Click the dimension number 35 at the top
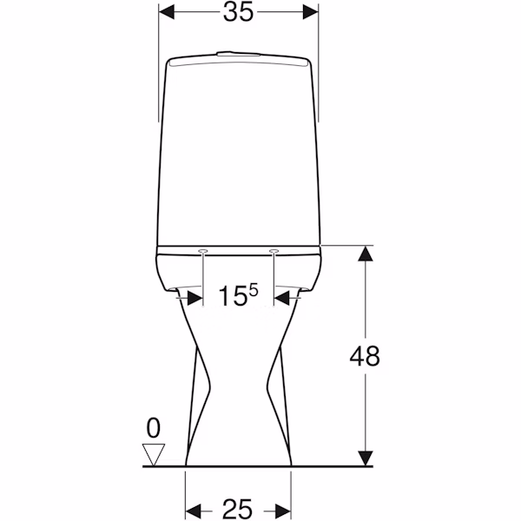(238, 12)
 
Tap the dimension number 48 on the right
(365, 356)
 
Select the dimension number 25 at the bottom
(237, 509)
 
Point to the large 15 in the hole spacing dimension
(232, 296)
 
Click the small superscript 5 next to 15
(254, 290)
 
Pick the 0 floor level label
(153, 429)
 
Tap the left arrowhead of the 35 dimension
(167, 12)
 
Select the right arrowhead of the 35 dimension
(311, 12)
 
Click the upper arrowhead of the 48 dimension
(366, 254)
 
